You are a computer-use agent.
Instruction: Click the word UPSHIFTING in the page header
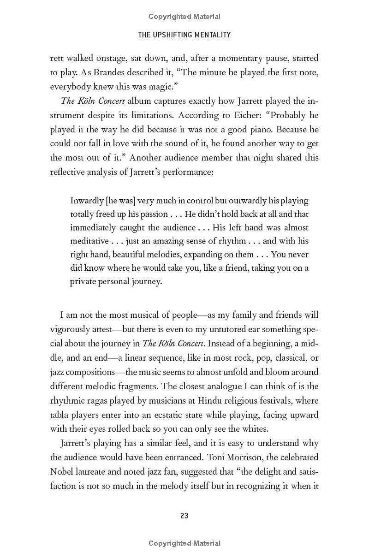pos(185,35)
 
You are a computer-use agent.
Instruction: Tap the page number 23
pos(184,516)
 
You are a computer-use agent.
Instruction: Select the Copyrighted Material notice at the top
pos(184,17)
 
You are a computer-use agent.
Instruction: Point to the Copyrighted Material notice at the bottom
pos(184,543)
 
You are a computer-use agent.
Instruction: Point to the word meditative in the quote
pos(89,241)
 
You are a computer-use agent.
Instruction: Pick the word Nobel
pos(62,472)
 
